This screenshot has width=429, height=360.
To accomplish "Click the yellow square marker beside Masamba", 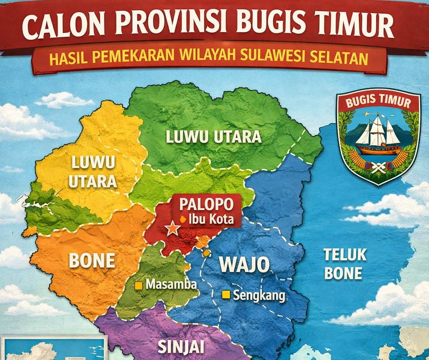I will coord(139,285).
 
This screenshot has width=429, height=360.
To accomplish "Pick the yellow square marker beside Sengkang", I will coord(225,295).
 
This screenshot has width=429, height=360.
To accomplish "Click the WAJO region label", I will coord(244,265).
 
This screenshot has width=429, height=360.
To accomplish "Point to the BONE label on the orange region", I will coord(92,261).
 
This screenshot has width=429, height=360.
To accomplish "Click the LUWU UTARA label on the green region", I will coord(214,137).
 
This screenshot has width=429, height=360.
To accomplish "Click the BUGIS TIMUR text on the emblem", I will coord(378,103).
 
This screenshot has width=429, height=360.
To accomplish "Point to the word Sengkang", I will coord(259,296).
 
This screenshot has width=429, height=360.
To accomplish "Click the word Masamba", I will coord(171,285).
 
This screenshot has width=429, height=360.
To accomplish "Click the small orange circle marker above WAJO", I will coord(207,252).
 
